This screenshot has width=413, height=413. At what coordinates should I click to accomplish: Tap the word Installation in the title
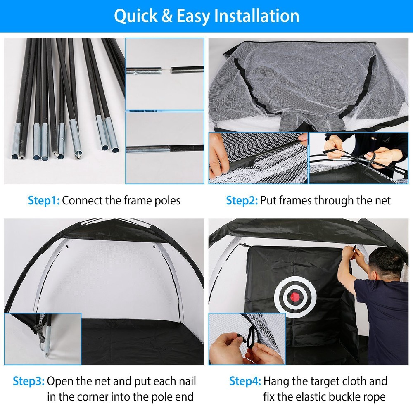pos(259,16)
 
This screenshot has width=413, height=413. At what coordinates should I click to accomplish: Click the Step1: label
pos(44,201)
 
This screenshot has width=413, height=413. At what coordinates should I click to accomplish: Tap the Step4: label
pos(245,381)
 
